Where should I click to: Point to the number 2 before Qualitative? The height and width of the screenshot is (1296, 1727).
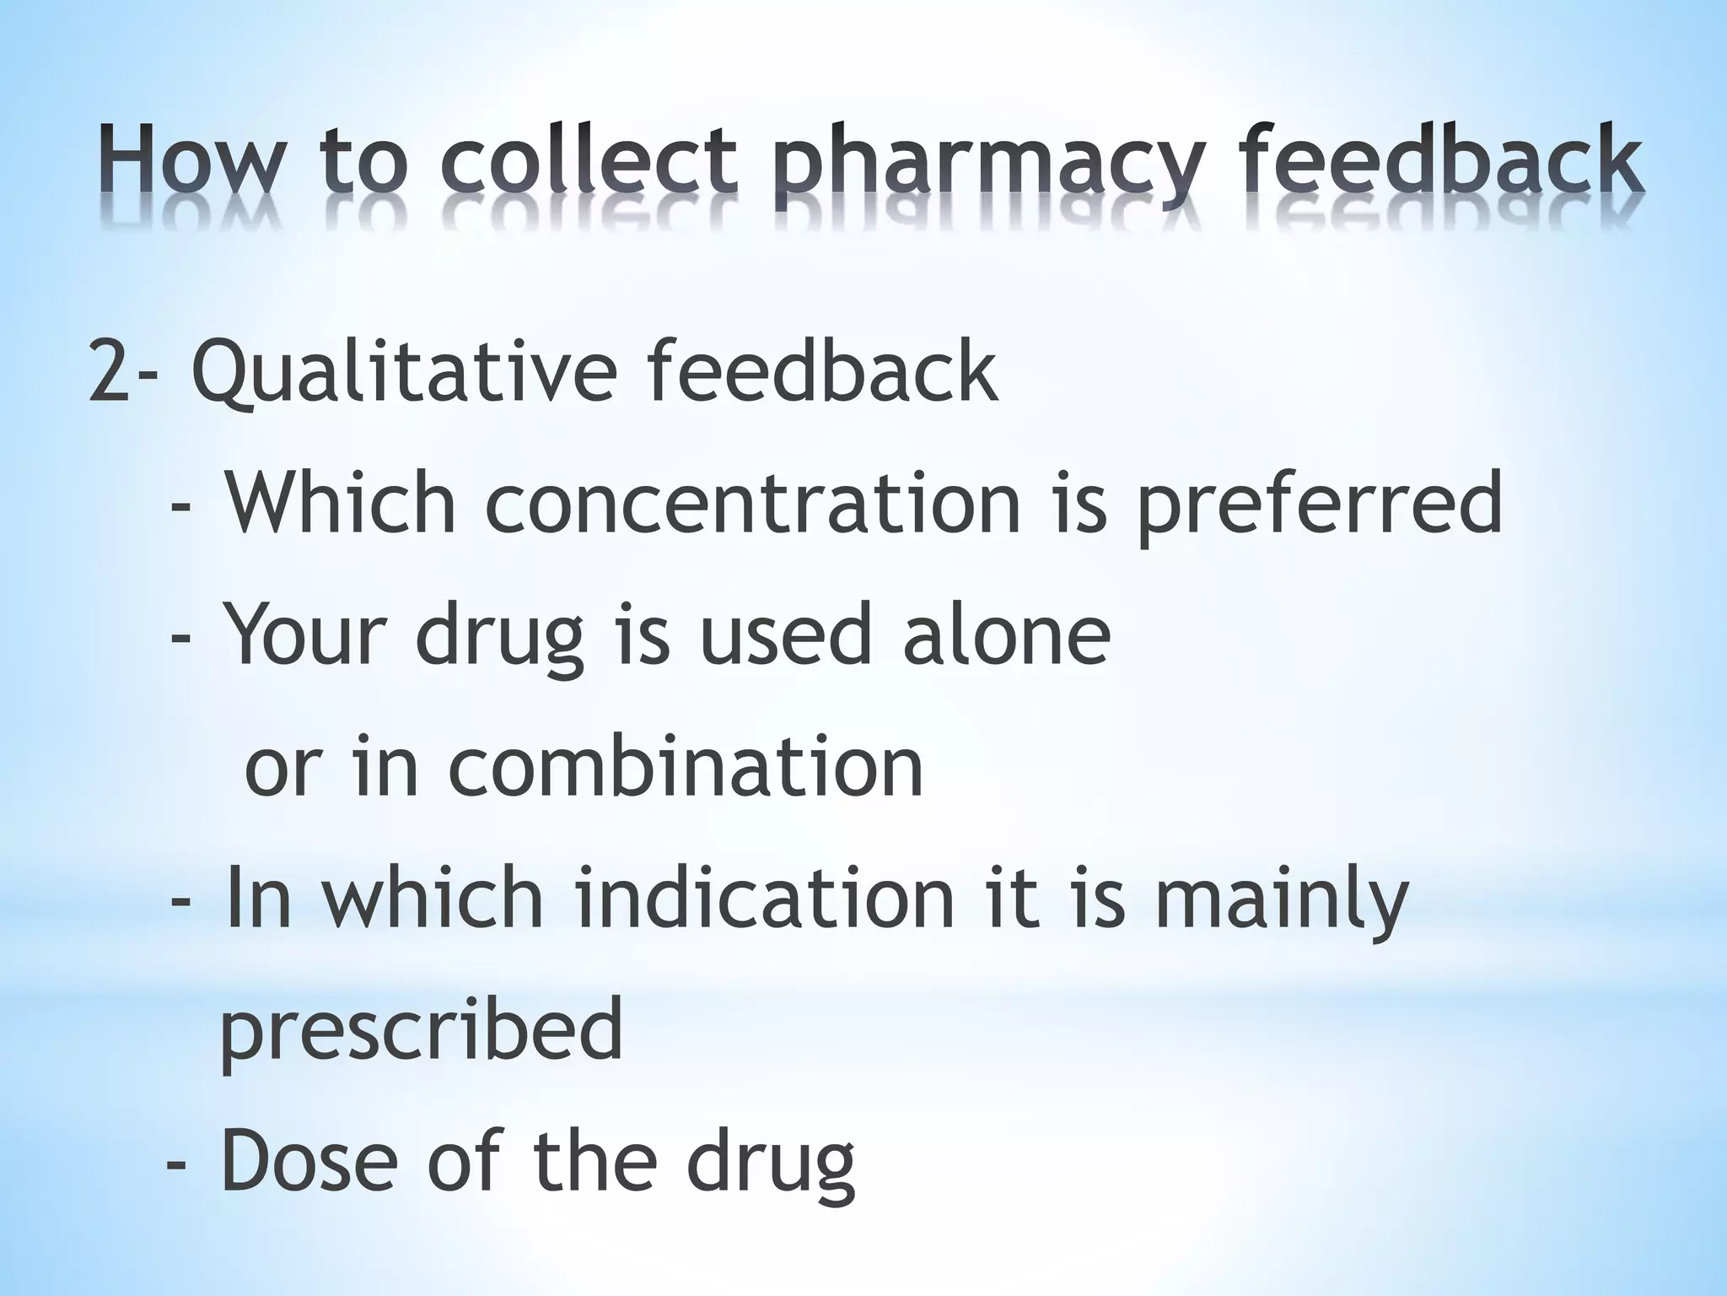click(x=109, y=371)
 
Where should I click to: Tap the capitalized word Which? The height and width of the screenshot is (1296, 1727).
click(x=341, y=503)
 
